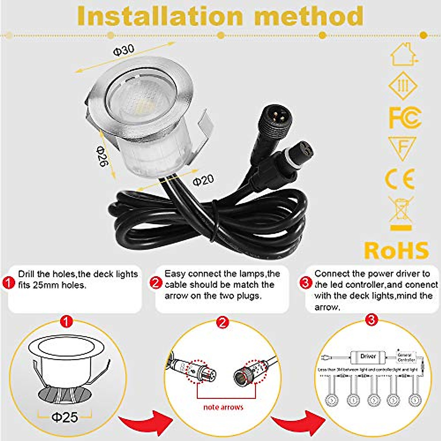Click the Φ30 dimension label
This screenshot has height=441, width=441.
point(124,50)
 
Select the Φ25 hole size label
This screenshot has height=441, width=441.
point(65,417)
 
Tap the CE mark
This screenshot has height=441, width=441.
point(401,179)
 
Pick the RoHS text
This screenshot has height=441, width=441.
point(397,250)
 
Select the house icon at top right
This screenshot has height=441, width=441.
point(403,54)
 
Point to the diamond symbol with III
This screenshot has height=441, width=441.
point(403,86)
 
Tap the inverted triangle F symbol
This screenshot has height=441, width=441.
point(402,147)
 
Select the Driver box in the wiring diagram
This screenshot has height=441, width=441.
point(368,356)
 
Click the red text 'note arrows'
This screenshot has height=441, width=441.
point(223,407)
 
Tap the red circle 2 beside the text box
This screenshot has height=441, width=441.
point(156,283)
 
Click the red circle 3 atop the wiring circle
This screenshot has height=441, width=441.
point(372,320)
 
